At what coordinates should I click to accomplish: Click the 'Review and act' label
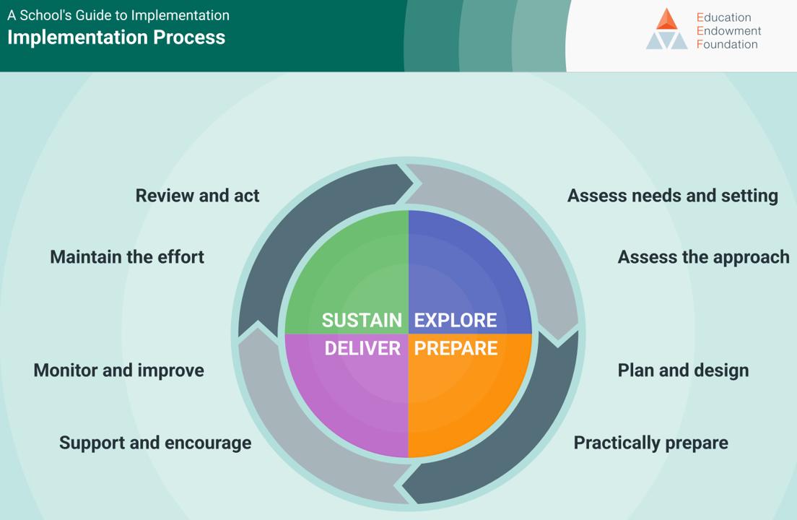(197, 196)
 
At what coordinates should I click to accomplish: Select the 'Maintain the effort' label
(127, 257)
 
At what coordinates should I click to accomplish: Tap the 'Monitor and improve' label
(118, 370)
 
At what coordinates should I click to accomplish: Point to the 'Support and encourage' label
(155, 443)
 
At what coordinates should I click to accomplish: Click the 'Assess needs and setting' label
(672, 196)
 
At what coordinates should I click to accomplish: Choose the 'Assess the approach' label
(703, 257)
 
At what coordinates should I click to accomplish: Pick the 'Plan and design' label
(683, 370)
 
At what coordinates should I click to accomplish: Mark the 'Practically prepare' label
(650, 443)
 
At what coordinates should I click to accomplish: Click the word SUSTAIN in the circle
(362, 320)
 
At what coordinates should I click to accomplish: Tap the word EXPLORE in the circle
(456, 320)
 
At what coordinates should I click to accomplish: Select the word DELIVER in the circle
(362, 348)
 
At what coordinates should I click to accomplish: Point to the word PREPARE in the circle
(456, 348)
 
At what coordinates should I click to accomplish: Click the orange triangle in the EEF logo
(667, 19)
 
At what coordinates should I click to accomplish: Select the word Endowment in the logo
(728, 31)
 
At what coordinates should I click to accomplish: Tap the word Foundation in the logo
(727, 44)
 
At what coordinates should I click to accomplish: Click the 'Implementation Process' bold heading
(116, 38)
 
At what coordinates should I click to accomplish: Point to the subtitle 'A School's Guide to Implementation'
(118, 15)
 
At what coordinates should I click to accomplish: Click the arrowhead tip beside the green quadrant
(413, 182)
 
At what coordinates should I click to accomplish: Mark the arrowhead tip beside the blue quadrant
(556, 336)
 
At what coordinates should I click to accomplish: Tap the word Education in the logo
(723, 17)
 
